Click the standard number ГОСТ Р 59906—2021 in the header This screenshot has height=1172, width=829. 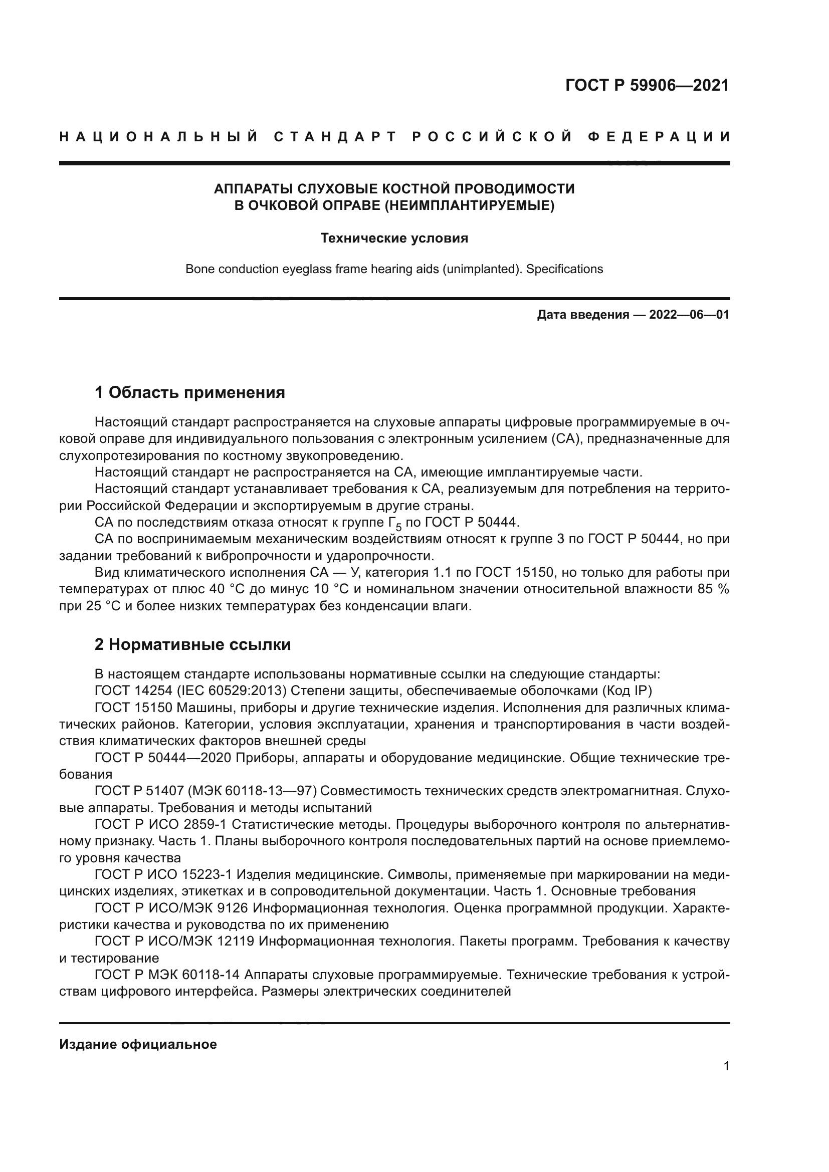tap(647, 85)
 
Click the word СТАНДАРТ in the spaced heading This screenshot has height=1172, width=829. tap(335, 137)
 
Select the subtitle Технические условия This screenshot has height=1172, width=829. tap(394, 239)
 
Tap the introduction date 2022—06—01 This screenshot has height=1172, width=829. tap(689, 315)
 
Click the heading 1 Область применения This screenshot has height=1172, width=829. tap(189, 392)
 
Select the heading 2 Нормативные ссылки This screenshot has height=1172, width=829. tap(192, 645)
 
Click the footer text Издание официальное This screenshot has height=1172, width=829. tap(138, 1044)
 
